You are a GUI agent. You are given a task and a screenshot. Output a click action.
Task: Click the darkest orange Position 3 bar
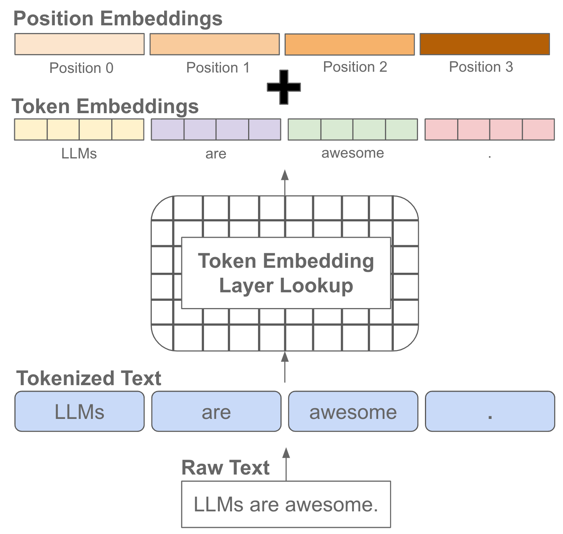pyautogui.click(x=485, y=44)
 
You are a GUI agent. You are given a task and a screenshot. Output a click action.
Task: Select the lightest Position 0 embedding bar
pyautogui.click(x=79, y=44)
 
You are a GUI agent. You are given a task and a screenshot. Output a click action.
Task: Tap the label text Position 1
pyautogui.click(x=218, y=68)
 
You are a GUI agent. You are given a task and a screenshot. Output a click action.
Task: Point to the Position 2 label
pyautogui.click(x=355, y=67)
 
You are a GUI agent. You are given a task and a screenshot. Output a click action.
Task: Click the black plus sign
pyautogui.click(x=284, y=87)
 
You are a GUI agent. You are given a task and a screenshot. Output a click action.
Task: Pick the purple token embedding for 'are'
pyautogui.click(x=216, y=130)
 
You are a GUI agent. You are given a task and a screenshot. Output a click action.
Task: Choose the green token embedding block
pyautogui.click(x=352, y=130)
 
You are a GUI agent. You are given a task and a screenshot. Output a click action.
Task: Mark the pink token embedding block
pyautogui.click(x=489, y=130)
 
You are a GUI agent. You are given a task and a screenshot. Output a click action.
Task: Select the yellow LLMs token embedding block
pyautogui.click(x=79, y=130)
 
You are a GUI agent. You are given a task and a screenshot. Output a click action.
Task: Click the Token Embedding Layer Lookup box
pyautogui.click(x=286, y=273)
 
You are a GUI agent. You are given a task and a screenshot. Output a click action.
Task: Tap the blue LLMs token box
pyautogui.click(x=79, y=412)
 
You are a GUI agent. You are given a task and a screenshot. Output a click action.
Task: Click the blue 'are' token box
pyautogui.click(x=216, y=412)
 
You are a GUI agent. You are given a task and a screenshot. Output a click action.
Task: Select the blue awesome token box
pyautogui.click(x=353, y=412)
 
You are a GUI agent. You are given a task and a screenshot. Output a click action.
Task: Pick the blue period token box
pyautogui.click(x=490, y=412)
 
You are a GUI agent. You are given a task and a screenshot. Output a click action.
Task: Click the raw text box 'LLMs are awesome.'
pyautogui.click(x=286, y=504)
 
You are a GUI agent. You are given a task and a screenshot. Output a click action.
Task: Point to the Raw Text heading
pyautogui.click(x=226, y=468)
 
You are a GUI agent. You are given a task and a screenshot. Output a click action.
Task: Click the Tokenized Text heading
pyautogui.click(x=89, y=378)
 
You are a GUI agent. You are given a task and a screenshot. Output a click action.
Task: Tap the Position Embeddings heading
pyautogui.click(x=118, y=18)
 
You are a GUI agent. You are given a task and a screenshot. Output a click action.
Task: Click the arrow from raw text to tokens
pyautogui.click(x=286, y=464)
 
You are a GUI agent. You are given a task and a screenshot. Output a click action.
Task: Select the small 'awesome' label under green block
pyautogui.click(x=352, y=153)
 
